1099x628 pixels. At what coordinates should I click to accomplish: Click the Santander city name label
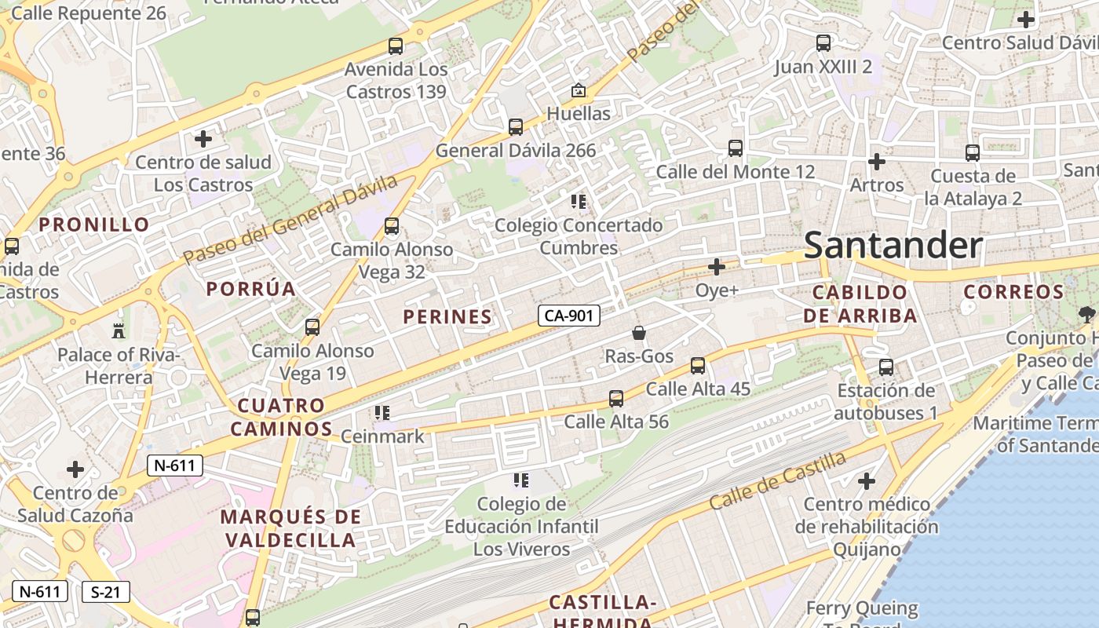893,246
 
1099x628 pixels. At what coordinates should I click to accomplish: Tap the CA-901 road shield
569,316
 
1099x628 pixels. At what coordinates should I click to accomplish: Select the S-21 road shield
105,592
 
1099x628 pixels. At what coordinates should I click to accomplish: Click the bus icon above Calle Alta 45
698,366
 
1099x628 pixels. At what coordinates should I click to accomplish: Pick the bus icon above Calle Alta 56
616,399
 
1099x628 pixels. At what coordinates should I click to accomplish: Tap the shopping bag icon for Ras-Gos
639,334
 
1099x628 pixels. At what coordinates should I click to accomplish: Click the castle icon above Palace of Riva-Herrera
119,330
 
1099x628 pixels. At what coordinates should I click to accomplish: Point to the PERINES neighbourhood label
447,317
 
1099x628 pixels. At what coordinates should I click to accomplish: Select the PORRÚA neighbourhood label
251,289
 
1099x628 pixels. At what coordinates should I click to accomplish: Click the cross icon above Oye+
717,268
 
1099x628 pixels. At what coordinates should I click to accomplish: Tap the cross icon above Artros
877,162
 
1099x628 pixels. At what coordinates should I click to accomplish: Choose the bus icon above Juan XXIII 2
823,43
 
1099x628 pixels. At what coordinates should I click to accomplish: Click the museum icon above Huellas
579,91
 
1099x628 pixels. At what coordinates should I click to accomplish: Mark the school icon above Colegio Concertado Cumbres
579,203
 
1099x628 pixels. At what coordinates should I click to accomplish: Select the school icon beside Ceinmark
382,413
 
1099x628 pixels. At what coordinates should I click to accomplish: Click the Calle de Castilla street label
777,480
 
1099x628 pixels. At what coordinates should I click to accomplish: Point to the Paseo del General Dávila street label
290,221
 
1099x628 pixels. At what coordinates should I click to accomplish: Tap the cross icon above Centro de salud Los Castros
203,140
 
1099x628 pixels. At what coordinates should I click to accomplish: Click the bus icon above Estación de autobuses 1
886,367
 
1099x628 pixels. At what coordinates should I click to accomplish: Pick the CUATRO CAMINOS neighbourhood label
282,418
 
